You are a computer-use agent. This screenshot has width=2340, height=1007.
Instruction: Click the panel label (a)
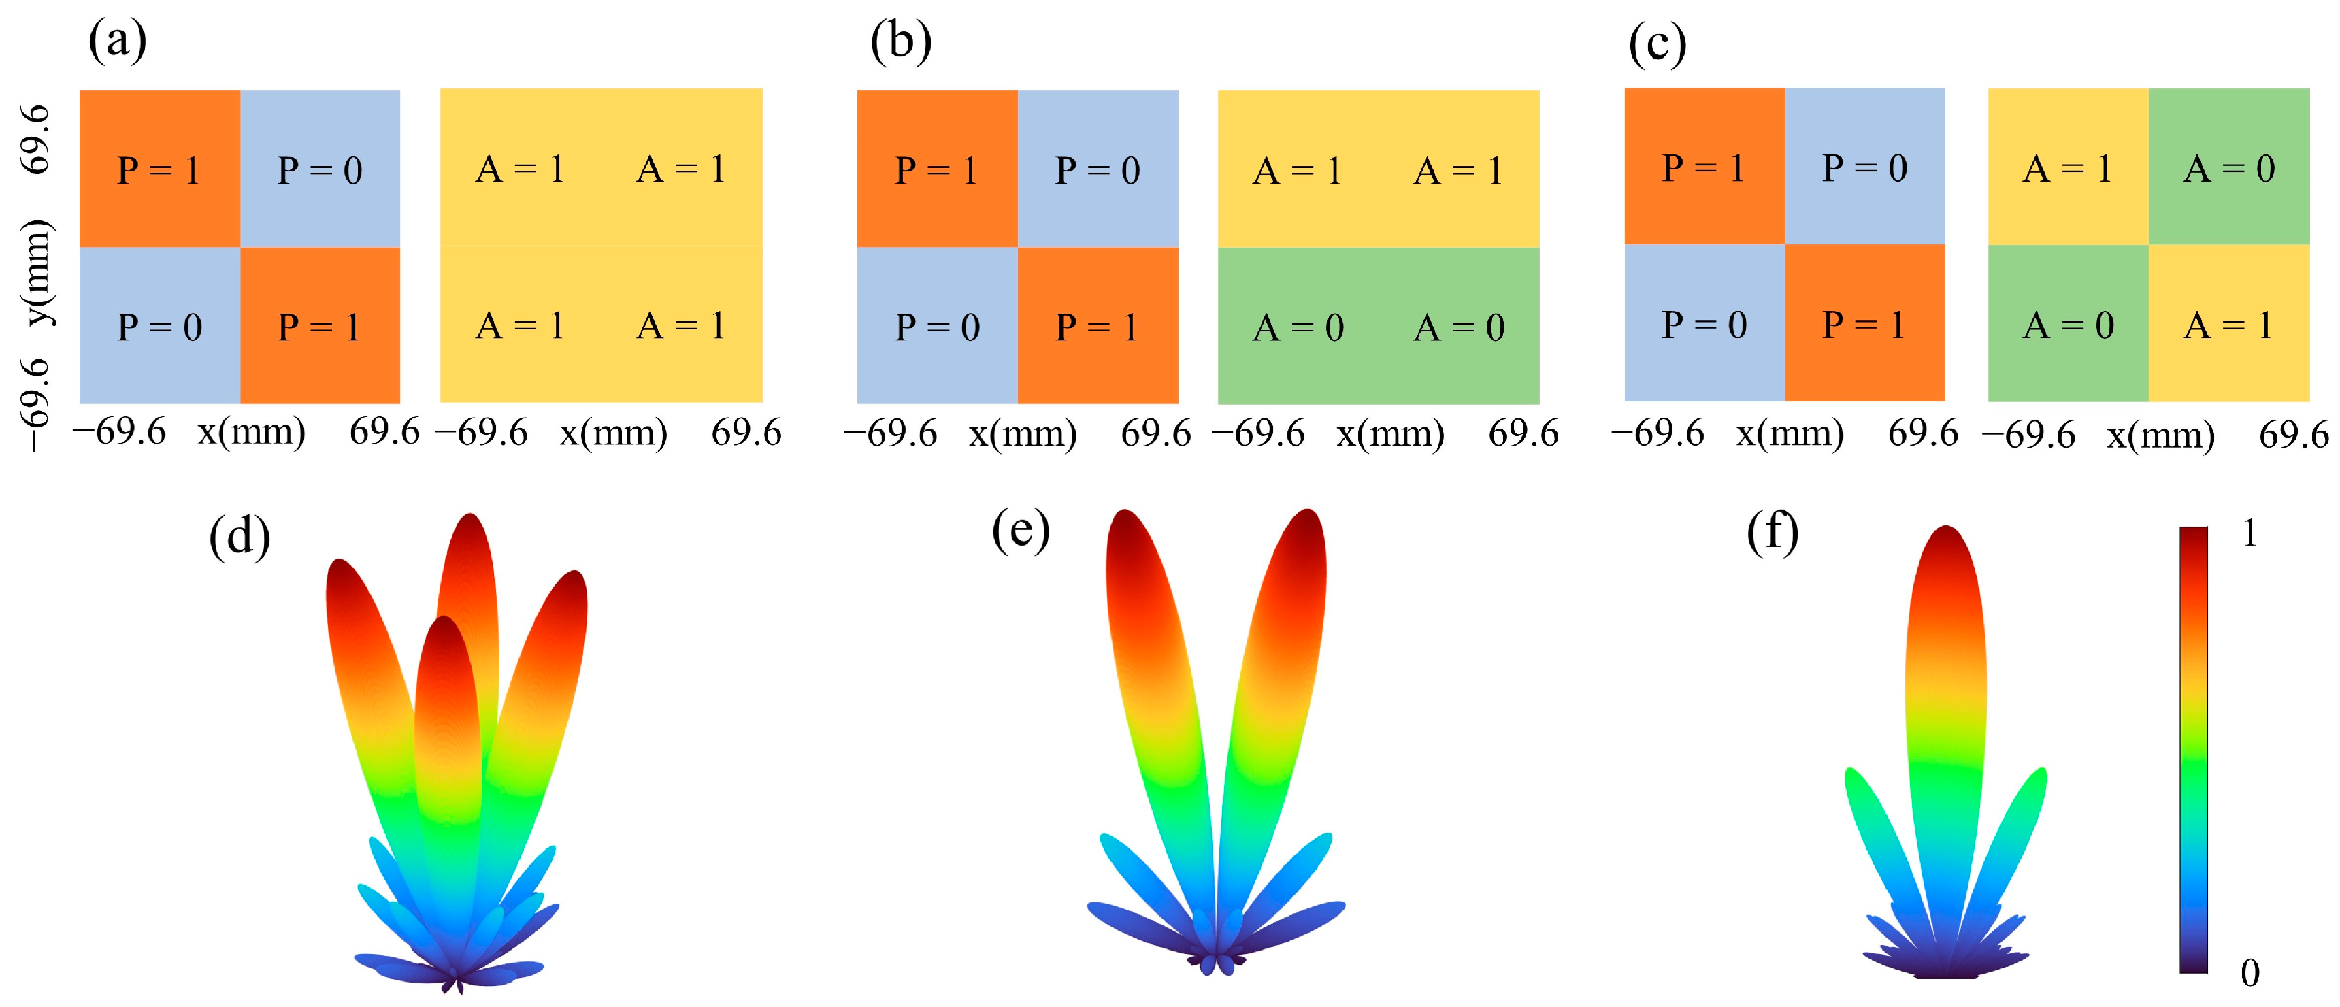point(117,41)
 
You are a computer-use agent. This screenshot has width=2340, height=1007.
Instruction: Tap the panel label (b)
point(900,42)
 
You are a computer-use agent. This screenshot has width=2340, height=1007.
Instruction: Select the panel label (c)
point(1657,44)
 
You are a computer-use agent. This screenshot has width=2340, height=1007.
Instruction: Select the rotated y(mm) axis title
point(38,272)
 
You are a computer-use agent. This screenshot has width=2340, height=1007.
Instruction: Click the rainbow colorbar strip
point(2193,749)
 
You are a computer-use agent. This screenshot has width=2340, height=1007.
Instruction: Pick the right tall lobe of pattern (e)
point(1279,654)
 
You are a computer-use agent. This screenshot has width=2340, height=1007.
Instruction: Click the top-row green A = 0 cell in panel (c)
point(2228,167)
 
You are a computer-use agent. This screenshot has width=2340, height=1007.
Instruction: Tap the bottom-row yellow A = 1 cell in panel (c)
point(2228,324)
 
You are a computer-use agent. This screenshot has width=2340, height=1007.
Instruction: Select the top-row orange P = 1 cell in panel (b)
point(936,169)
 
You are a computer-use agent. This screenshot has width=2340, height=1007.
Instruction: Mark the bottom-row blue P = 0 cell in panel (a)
point(160,326)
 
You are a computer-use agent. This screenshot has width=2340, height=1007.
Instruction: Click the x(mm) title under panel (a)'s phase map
point(252,432)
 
